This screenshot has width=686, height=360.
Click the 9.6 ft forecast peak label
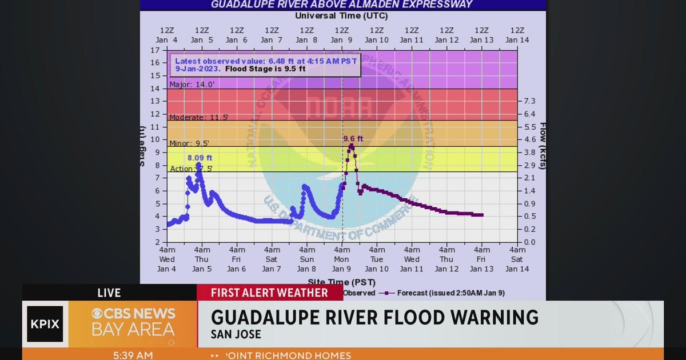coord(353,138)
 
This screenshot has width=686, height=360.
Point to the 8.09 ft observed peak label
coord(200,158)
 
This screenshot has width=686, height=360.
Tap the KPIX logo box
coord(45,324)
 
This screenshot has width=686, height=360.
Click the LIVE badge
coord(109,293)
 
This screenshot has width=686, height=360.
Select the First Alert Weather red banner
coord(270,293)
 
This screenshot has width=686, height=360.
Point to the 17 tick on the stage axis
coord(155,50)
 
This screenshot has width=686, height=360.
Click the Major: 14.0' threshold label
coord(192,85)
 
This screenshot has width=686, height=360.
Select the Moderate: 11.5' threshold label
coord(199,117)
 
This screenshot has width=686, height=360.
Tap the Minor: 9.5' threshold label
coord(189,143)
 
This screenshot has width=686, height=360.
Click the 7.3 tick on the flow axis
coord(529,101)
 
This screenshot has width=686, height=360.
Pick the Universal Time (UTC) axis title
coord(341,16)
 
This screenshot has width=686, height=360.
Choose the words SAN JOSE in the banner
coord(236,335)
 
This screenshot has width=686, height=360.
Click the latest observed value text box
coord(265,65)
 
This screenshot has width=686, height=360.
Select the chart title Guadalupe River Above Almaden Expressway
coord(342,5)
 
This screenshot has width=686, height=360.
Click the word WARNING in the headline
coord(484,317)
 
